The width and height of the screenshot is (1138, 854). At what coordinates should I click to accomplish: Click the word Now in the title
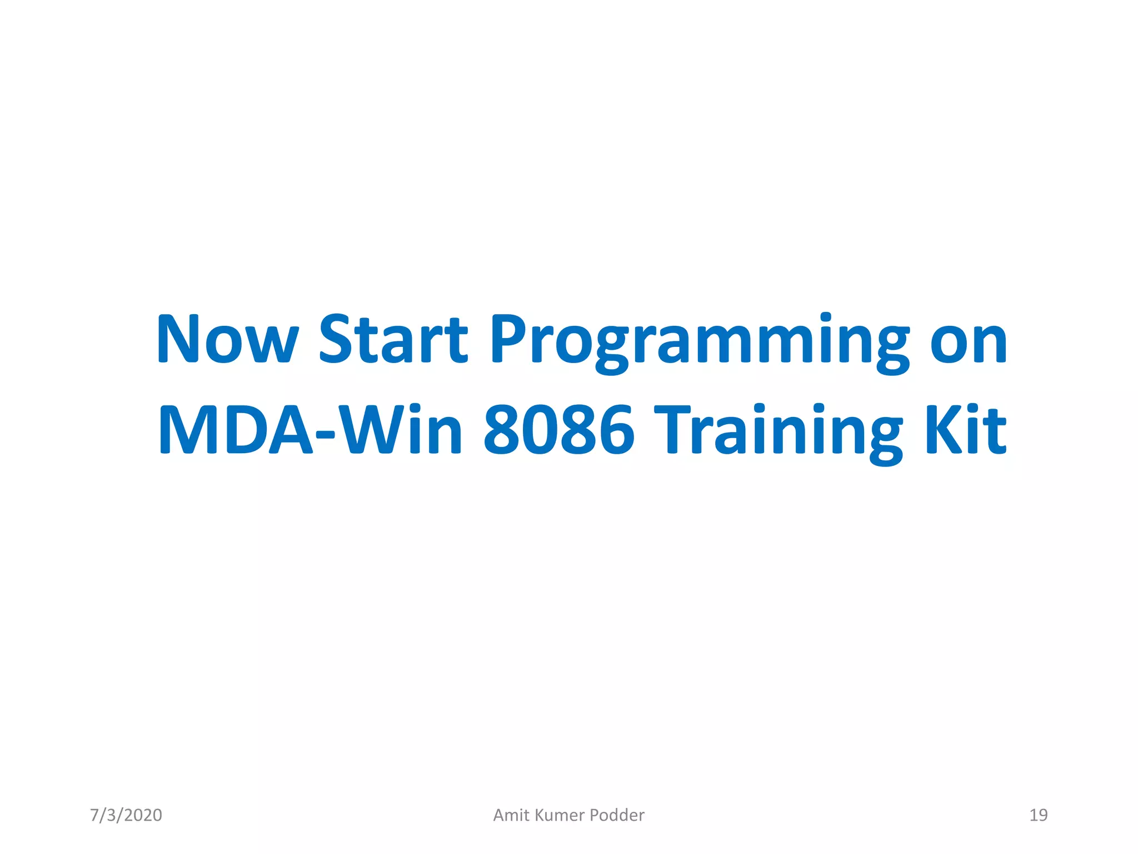[227, 339]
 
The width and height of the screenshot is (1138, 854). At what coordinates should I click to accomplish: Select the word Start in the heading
[393, 339]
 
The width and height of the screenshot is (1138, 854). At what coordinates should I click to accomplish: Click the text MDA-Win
[310, 429]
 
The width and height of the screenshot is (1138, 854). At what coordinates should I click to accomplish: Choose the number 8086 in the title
[558, 429]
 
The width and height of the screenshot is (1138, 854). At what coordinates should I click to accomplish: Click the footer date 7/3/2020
[126, 815]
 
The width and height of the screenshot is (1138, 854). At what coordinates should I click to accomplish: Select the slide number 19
[1038, 815]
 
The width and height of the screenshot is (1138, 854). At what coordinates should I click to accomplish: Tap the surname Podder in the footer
[617, 815]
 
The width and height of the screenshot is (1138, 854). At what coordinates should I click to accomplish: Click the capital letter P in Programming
[508, 339]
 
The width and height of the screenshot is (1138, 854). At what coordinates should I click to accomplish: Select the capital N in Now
[178, 339]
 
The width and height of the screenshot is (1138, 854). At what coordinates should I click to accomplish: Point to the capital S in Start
[337, 339]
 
